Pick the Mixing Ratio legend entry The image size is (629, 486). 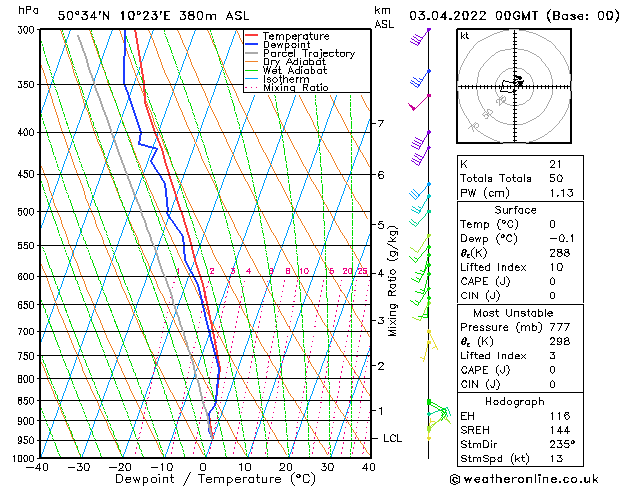[x=296, y=88]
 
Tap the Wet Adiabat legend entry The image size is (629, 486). [x=295, y=71]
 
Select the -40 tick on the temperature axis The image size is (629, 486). [x=39, y=466]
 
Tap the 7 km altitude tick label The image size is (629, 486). [x=380, y=124]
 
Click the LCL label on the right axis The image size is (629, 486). [x=393, y=438]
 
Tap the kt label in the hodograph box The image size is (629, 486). [x=464, y=35]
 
